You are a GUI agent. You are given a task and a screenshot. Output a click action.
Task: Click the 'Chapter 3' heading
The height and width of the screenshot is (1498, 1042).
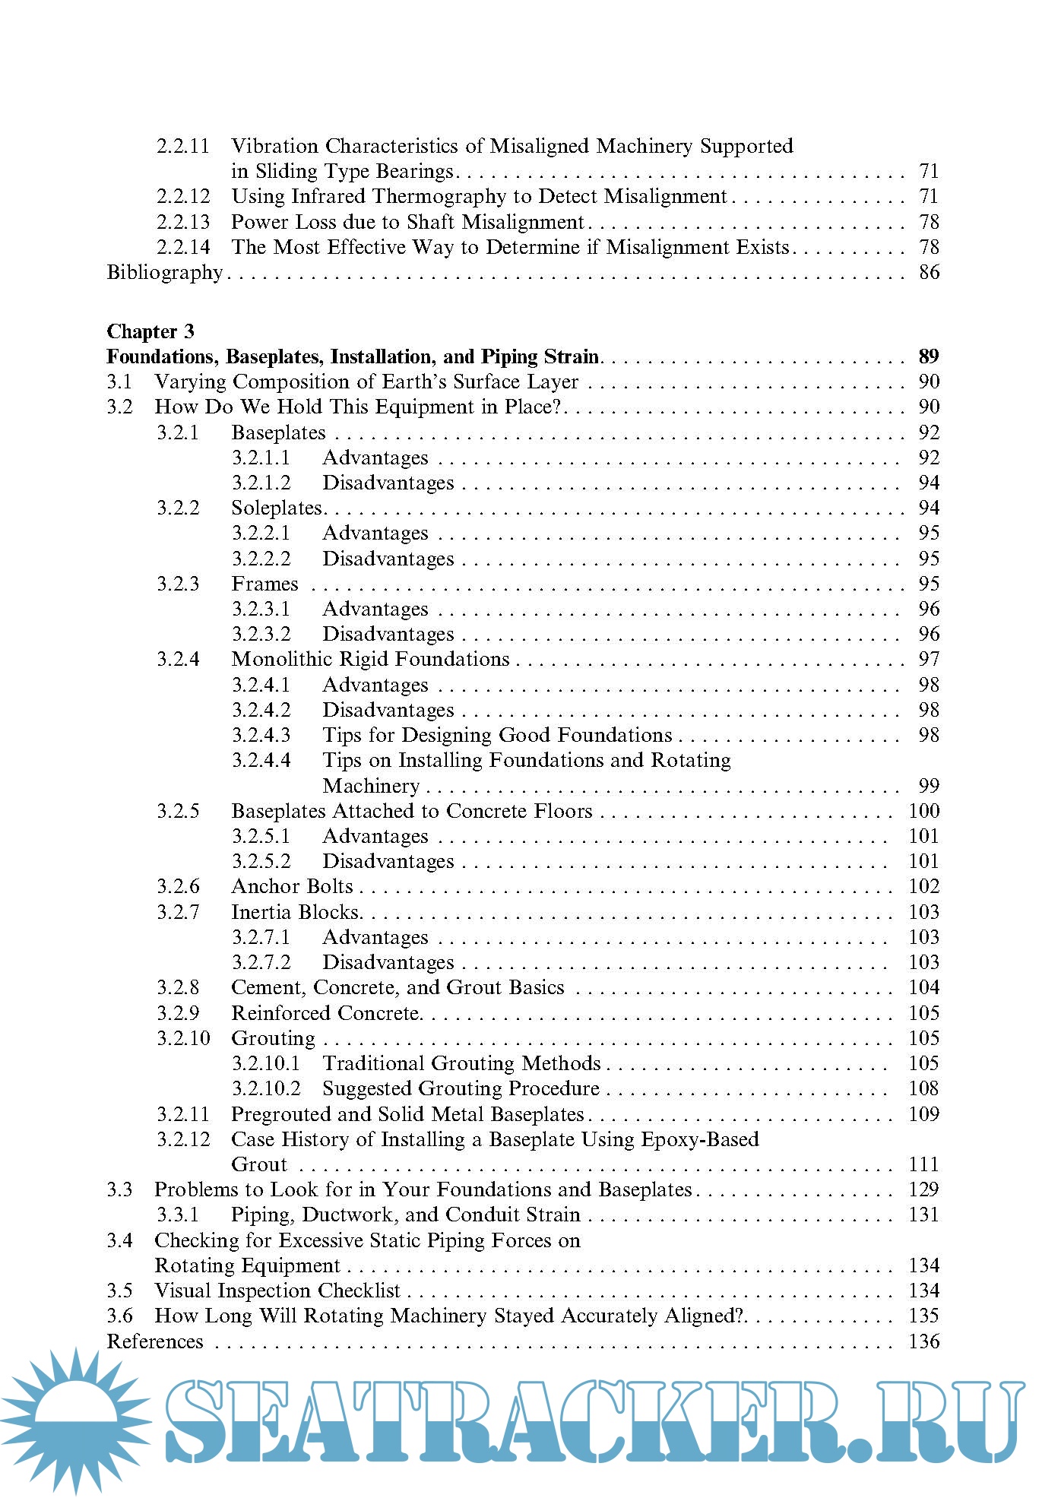tap(150, 331)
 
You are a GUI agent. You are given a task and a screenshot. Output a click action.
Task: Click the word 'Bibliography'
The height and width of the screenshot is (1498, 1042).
tap(165, 272)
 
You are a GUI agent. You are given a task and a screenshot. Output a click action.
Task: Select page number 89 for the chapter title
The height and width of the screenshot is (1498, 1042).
tap(928, 356)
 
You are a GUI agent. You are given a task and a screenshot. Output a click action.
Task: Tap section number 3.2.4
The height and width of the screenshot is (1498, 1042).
tap(178, 659)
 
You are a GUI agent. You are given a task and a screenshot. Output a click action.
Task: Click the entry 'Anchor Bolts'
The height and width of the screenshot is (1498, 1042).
tap(292, 886)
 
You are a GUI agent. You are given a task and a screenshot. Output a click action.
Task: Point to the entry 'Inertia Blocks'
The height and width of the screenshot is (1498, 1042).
tap(295, 911)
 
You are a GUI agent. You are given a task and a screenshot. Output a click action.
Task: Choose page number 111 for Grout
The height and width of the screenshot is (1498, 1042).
tap(923, 1164)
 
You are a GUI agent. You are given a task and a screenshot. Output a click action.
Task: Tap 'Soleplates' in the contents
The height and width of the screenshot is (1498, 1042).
tap(277, 508)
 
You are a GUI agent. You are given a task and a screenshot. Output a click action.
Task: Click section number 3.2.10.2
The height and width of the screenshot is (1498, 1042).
tap(266, 1088)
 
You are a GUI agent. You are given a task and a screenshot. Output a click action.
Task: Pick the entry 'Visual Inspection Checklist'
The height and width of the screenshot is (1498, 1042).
tap(277, 1291)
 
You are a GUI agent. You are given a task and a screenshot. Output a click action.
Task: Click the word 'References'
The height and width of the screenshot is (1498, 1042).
tap(155, 1341)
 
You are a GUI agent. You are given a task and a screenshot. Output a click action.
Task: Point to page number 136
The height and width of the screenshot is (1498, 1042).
tap(923, 1341)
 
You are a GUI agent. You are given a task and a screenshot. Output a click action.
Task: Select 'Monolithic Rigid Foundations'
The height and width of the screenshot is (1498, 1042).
tap(370, 659)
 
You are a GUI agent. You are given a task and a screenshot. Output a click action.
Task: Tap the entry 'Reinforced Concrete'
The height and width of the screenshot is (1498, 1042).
tap(325, 1013)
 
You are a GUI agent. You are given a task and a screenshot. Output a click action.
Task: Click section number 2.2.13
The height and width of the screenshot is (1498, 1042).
tap(183, 222)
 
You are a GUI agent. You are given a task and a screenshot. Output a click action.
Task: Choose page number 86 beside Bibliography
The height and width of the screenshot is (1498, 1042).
tap(929, 272)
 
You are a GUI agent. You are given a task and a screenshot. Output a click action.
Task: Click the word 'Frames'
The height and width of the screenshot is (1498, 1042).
tap(264, 584)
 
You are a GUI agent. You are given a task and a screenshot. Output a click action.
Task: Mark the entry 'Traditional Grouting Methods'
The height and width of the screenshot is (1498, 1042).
tap(461, 1063)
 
